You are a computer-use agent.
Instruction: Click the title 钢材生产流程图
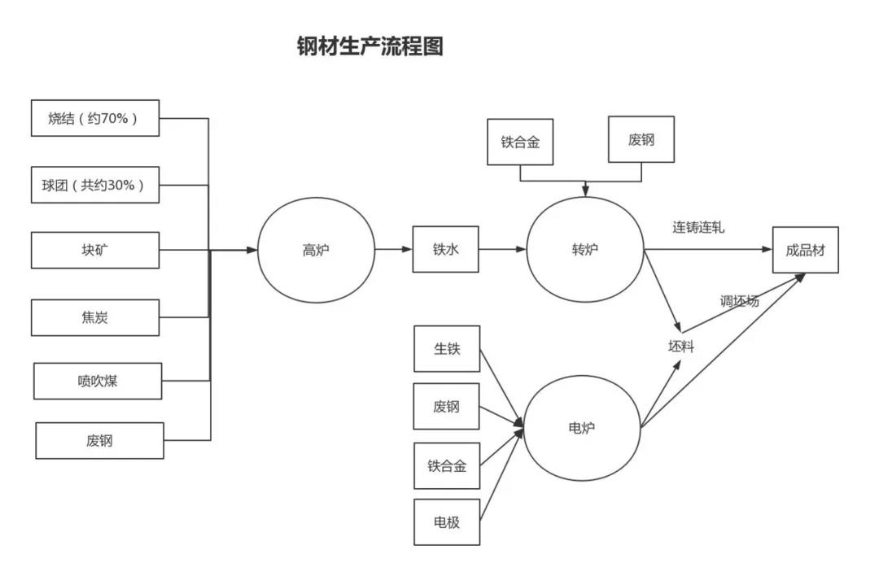370,46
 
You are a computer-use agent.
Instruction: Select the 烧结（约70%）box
95,118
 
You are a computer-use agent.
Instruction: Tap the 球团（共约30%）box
95,185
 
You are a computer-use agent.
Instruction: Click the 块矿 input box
95,250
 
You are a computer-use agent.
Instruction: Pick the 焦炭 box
95,317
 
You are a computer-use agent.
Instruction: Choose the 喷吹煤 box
98,381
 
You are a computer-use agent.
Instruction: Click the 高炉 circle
316,250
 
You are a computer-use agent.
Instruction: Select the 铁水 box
445,249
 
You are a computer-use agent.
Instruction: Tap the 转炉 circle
584,249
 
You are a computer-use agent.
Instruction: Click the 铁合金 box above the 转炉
520,140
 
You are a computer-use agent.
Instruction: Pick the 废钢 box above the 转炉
641,139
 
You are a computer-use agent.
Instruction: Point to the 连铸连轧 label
698,227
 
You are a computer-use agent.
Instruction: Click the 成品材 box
805,250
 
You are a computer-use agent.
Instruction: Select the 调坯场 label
739,301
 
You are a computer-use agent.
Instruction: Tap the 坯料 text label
681,347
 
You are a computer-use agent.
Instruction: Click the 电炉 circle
581,427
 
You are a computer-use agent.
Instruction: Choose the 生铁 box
447,349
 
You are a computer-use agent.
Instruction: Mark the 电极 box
447,522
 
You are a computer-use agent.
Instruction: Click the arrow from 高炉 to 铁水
394,249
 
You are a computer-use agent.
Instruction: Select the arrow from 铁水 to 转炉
502,249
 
